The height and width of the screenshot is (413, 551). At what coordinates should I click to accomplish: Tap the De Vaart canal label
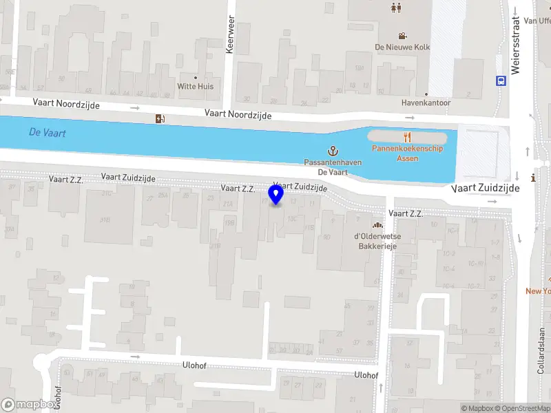pyautogui.click(x=48, y=133)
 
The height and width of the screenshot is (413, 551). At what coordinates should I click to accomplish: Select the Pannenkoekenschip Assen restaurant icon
pyautogui.click(x=408, y=136)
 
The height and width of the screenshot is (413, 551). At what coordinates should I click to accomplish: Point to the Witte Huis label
pyautogui.click(x=196, y=86)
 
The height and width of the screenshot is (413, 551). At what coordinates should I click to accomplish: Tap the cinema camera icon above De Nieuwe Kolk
pyautogui.click(x=402, y=36)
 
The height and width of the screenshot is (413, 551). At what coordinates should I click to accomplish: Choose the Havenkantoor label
pyautogui.click(x=426, y=103)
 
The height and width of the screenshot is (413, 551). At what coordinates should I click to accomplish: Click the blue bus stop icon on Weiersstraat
pyautogui.click(x=501, y=80)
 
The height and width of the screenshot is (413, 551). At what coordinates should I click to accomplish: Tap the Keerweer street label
pyautogui.click(x=230, y=35)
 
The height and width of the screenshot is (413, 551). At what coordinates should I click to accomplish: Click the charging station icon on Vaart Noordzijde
pyautogui.click(x=161, y=118)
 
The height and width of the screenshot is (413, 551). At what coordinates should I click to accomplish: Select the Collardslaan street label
pyautogui.click(x=541, y=350)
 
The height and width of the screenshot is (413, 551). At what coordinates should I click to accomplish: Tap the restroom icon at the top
pyautogui.click(x=396, y=8)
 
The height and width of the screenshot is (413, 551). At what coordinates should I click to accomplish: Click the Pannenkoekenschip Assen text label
pyautogui.click(x=408, y=153)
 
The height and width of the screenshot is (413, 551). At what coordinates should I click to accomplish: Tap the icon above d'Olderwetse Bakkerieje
pyautogui.click(x=377, y=225)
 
